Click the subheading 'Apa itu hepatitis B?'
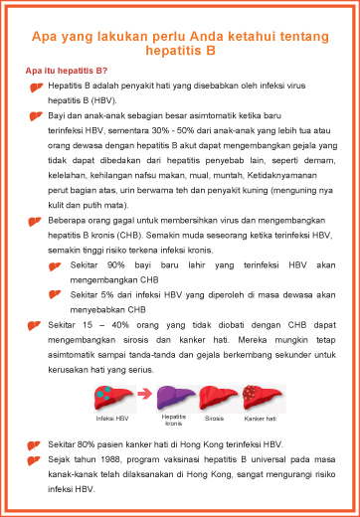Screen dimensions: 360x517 [67, 72]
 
